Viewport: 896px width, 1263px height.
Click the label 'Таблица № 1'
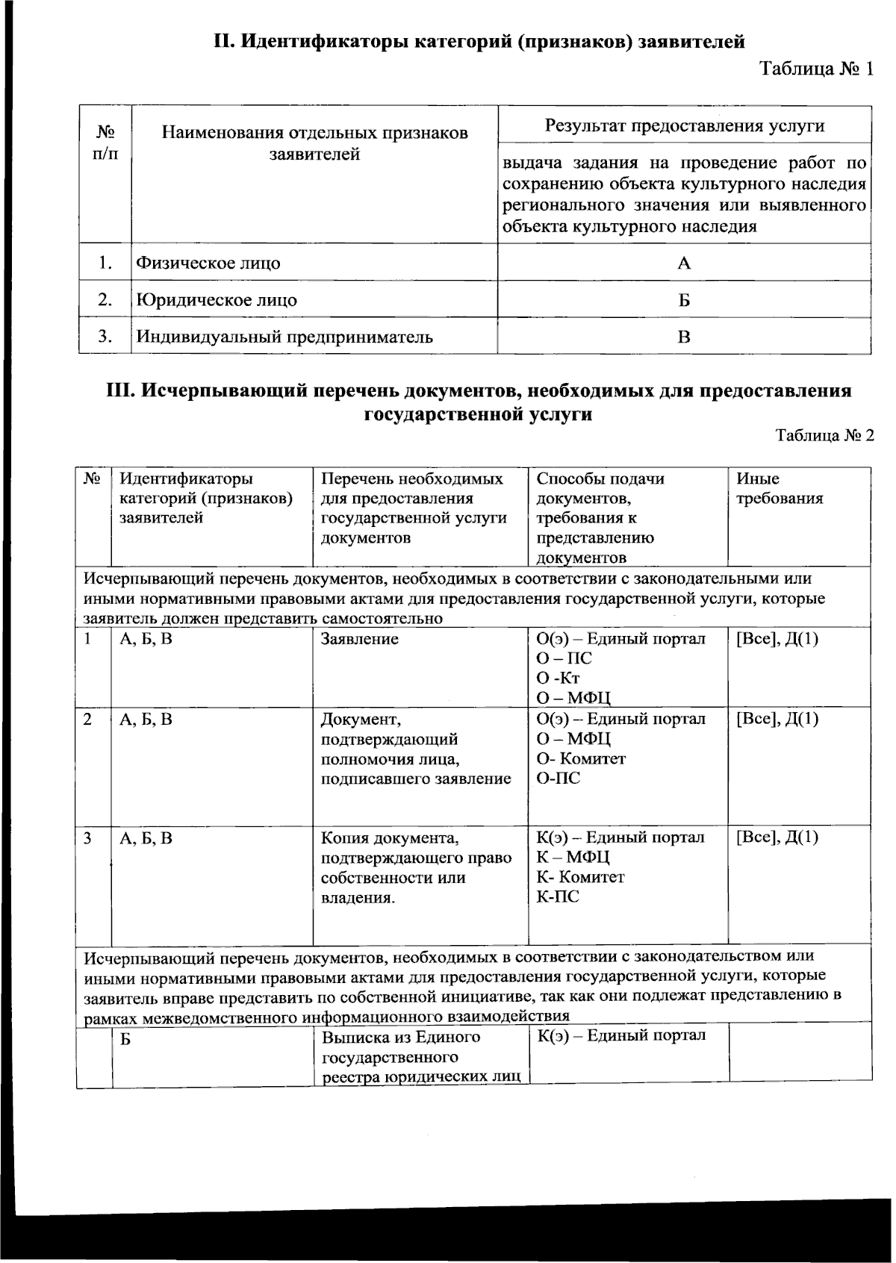[816, 69]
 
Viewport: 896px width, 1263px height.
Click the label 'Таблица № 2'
[824, 436]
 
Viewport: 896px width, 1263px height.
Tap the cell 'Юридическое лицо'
[217, 300]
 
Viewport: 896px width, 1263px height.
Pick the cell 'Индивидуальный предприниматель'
[284, 337]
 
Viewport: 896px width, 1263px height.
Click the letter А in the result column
[684, 263]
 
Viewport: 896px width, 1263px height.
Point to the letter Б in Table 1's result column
[684, 300]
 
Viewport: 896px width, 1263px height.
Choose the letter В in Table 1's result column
[684, 337]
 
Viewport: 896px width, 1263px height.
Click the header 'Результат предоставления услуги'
[684, 125]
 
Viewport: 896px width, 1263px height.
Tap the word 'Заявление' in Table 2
[359, 639]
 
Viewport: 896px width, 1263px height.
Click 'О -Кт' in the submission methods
[558, 679]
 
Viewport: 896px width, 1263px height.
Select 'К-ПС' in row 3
[558, 897]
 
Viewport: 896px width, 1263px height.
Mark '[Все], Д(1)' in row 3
[777, 838]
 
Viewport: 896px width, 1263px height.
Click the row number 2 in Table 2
[88, 720]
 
